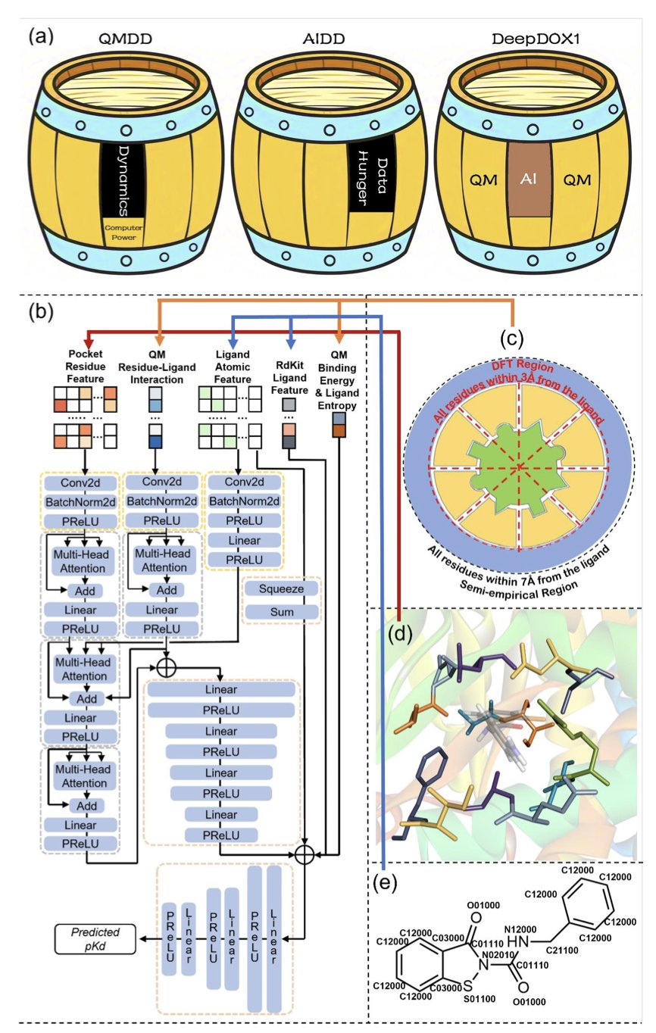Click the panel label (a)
[x=42, y=36]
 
